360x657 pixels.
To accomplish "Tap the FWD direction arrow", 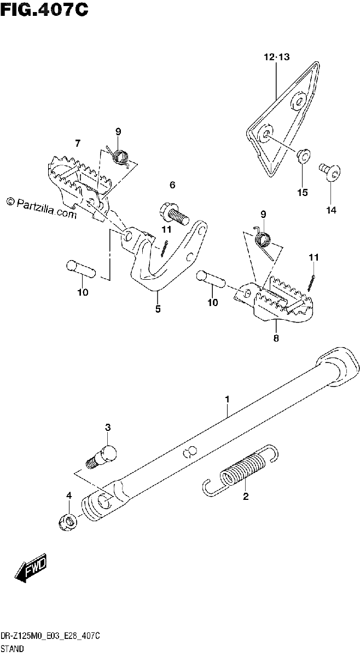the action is [x=31, y=567].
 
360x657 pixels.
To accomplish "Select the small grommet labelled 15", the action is [x=304, y=155].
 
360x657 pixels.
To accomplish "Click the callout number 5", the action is [x=158, y=309].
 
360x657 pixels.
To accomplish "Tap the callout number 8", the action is [x=276, y=338].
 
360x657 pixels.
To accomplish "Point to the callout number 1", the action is [x=227, y=399].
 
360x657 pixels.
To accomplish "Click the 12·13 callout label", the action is [x=276, y=57].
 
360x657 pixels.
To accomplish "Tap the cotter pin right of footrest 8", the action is [x=311, y=284].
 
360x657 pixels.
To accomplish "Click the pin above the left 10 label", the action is [x=81, y=268].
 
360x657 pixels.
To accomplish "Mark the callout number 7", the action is [x=77, y=143].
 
